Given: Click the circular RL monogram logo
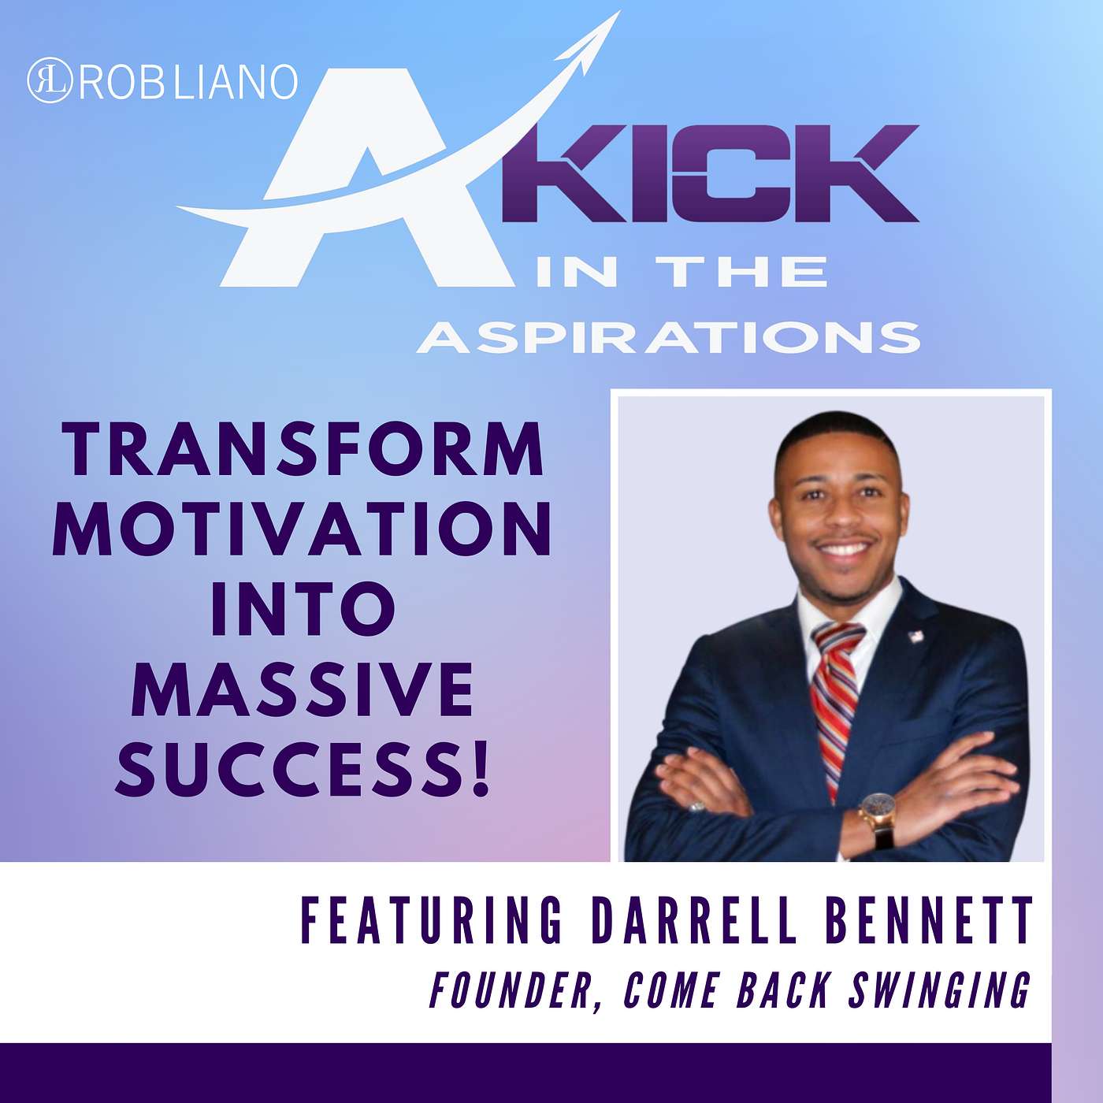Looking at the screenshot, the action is click(x=50, y=80).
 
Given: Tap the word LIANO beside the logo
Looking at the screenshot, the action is click(x=235, y=81).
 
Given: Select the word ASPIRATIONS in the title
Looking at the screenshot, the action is click(x=669, y=337).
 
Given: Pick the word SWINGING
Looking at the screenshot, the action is click(x=938, y=992).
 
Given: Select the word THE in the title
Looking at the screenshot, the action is click(x=748, y=273).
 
